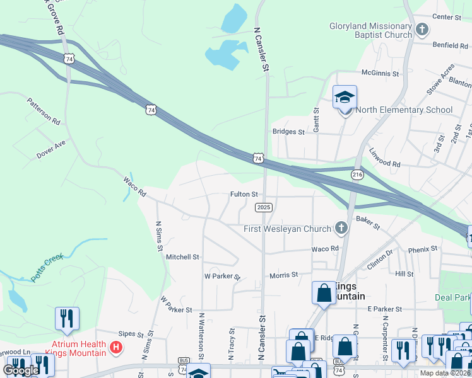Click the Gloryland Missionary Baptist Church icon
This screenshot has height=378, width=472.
tap(422, 29)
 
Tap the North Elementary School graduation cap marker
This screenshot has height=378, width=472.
tap(345, 97)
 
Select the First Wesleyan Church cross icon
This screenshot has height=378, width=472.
tap(341, 228)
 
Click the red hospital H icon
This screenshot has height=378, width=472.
tap(115, 347)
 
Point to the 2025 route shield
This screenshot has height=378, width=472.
tap(264, 207)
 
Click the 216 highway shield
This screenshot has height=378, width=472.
tap(358, 173)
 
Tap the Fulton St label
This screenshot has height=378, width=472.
tap(244, 195)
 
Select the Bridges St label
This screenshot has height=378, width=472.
tap(288, 132)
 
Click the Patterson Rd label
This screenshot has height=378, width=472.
tap(44, 111)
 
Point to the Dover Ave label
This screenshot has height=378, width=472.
tap(51, 149)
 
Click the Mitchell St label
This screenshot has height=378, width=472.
tap(182, 257)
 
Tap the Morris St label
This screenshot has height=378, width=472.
tap(283, 275)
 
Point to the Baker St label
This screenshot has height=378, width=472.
tap(367, 221)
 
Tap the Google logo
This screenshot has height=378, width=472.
tap(21, 370)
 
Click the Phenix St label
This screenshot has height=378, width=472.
tap(422, 249)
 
